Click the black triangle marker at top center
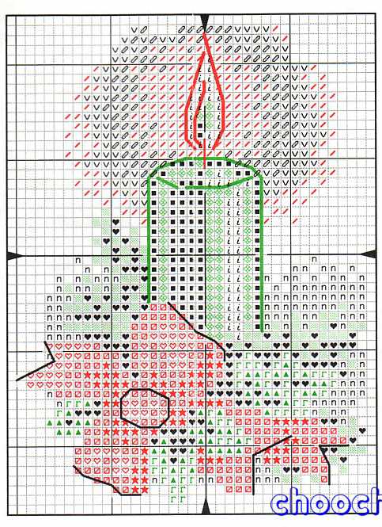tap(203, 18)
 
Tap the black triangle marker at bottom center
tap(203, 508)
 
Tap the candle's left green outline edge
tap(151, 238)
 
